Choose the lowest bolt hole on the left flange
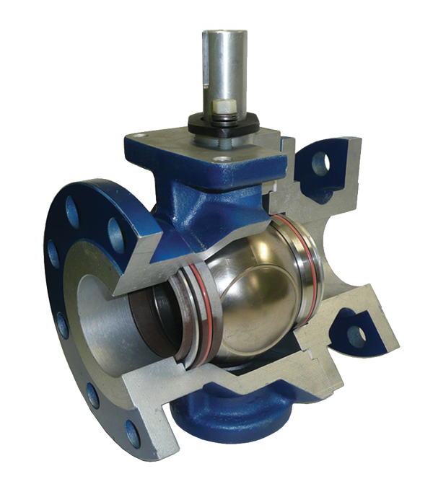(x=133, y=433)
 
